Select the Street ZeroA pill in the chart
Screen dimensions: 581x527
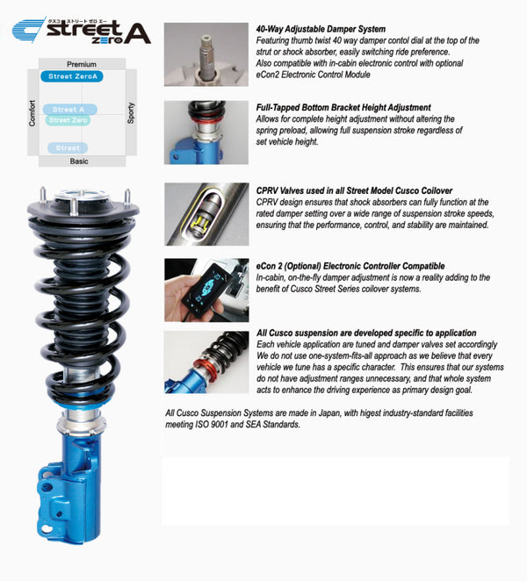click(75, 77)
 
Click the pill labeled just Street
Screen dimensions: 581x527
click(68, 148)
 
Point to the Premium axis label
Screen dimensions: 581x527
click(82, 64)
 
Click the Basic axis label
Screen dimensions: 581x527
click(79, 161)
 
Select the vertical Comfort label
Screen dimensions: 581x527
click(32, 112)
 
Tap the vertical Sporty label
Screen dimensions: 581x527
click(131, 112)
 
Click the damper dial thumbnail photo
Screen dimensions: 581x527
click(206, 54)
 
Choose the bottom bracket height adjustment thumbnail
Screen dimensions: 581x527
click(206, 132)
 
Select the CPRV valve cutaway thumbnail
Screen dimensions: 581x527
click(206, 213)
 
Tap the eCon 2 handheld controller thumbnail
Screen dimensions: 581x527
click(206, 290)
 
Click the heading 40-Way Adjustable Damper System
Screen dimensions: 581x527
click(321, 29)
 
